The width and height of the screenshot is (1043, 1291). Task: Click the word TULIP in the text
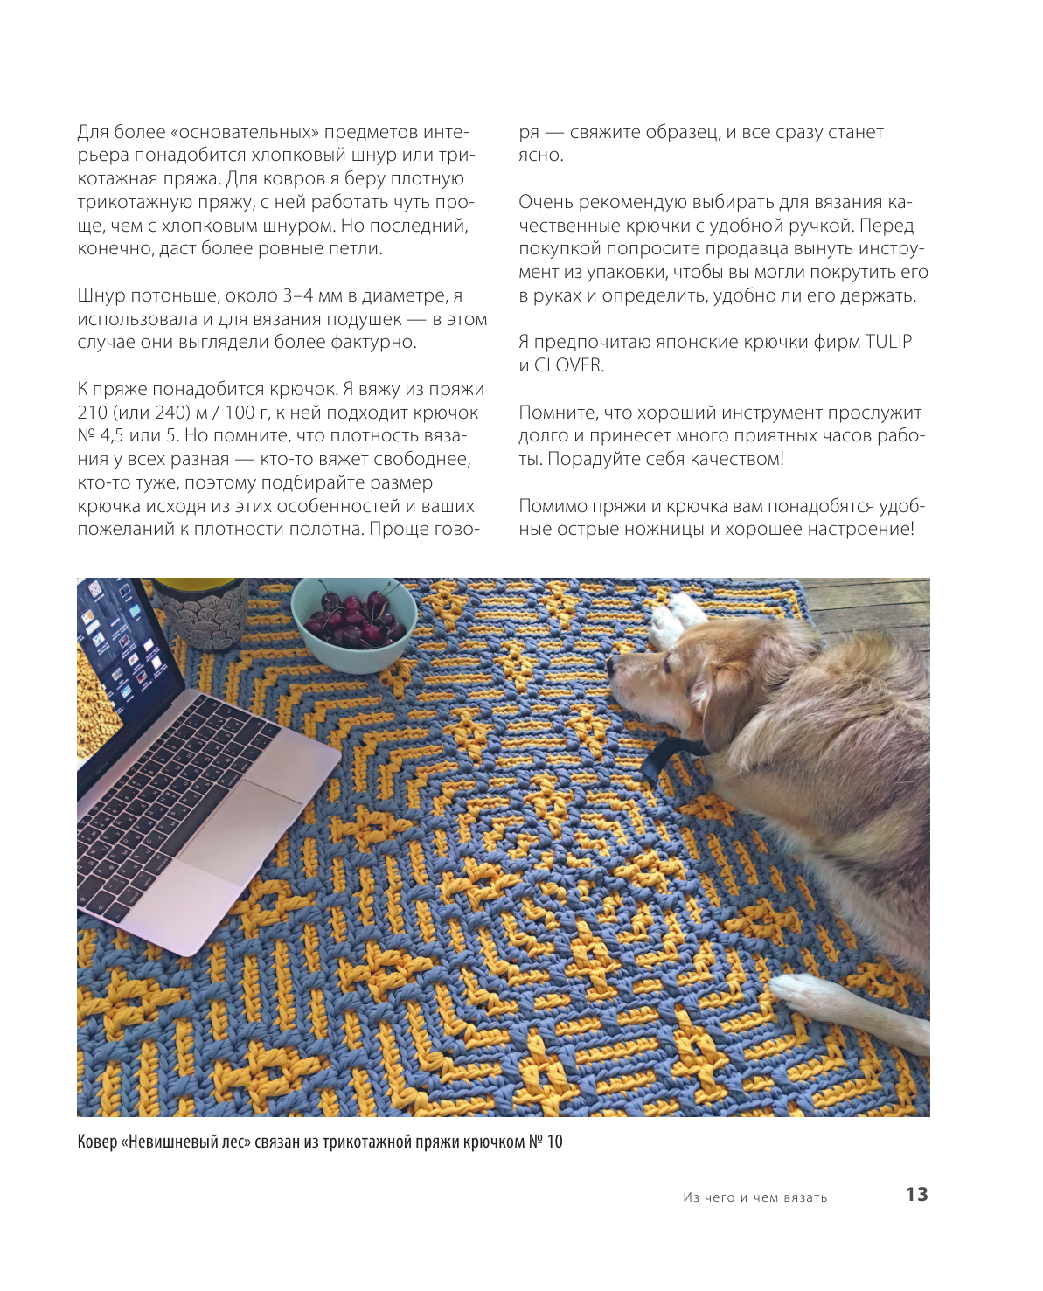888,342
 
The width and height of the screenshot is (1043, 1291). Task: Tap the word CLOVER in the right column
568,365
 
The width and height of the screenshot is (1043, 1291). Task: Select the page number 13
916,1194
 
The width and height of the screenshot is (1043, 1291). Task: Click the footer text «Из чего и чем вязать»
755,1197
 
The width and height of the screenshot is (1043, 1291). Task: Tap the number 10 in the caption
554,1142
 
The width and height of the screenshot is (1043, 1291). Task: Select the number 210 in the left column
93,413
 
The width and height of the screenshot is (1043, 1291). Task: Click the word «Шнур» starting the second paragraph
101,295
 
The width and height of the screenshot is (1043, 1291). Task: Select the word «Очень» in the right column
546,203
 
